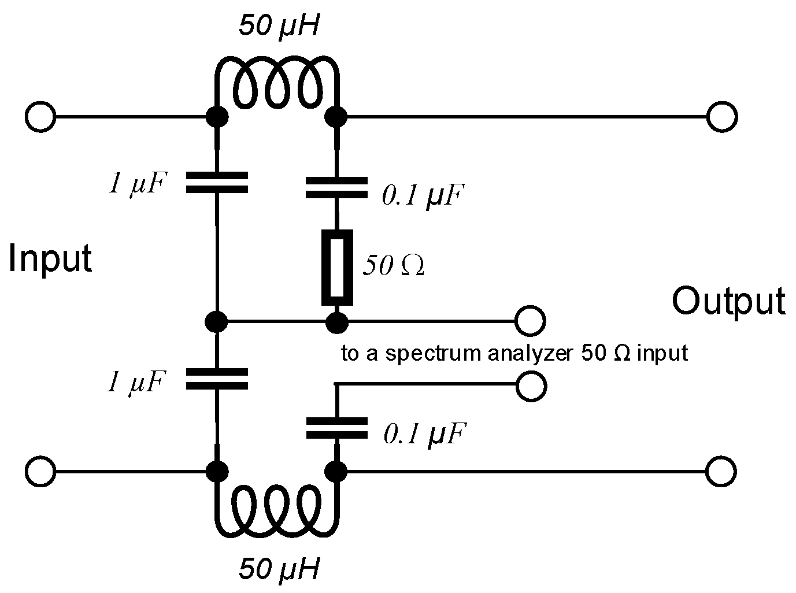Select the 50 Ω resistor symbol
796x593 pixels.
tap(337, 267)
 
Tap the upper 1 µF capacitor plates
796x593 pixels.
tap(217, 182)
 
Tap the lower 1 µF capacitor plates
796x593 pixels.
tap(217, 379)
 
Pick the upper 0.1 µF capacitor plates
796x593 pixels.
tap(336, 188)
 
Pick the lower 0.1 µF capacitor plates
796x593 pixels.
tap(336, 428)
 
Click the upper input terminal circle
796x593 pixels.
tap(40, 117)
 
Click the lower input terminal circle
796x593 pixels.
tap(40, 471)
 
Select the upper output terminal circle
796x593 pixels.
tap(722, 117)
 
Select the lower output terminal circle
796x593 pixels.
tap(721, 471)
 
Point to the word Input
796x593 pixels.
tap(50, 259)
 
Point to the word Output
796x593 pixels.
tap(728, 301)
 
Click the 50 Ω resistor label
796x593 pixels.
tap(393, 265)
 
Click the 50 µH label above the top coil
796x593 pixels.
tap(279, 26)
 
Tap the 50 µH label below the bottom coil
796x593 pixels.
tap(279, 569)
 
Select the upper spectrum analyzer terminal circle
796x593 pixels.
tap(530, 321)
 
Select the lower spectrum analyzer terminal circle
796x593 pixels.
tap(531, 386)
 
